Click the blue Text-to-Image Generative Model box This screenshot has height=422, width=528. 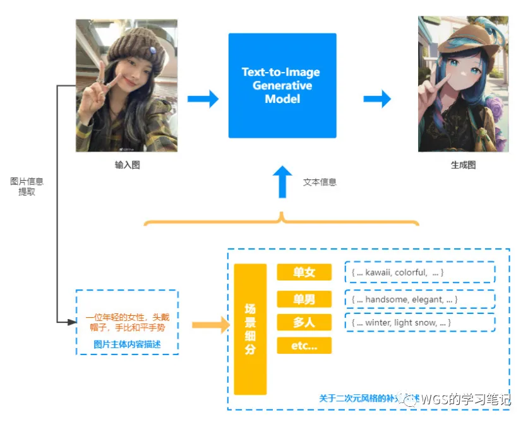(282, 85)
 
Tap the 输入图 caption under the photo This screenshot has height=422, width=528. (127, 165)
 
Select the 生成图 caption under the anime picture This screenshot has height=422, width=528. (462, 165)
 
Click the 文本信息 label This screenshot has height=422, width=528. (320, 182)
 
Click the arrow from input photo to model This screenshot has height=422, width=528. (203, 99)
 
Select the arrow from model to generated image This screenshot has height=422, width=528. (377, 99)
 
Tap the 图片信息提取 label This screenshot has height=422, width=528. (27, 186)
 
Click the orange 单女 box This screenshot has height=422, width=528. (304, 272)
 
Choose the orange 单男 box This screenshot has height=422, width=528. (304, 299)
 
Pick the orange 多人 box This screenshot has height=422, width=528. (304, 322)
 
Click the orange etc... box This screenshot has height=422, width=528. (304, 346)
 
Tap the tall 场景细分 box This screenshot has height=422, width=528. (250, 329)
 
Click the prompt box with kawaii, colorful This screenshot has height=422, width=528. (419, 272)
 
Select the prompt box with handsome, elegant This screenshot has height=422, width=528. (419, 299)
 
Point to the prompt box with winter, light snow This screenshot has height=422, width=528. (419, 322)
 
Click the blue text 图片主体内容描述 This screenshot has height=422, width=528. (127, 344)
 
